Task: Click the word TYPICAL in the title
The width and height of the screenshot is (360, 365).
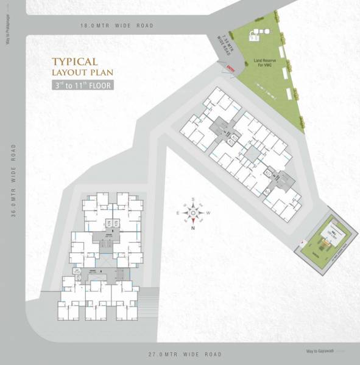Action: point(75,61)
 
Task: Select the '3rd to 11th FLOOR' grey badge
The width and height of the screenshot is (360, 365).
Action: point(82,85)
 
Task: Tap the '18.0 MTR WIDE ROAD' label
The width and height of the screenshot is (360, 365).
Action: point(117,26)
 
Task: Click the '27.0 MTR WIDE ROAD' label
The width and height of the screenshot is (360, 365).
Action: point(185,354)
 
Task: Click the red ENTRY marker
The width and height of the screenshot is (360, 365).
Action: point(230,69)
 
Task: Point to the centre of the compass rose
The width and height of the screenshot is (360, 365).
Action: point(193,213)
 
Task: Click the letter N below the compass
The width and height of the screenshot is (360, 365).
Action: point(193,228)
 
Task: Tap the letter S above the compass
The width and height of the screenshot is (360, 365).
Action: point(193,199)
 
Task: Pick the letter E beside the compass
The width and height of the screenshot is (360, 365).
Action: point(178,213)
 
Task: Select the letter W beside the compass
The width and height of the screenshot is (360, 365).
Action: point(208,213)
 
